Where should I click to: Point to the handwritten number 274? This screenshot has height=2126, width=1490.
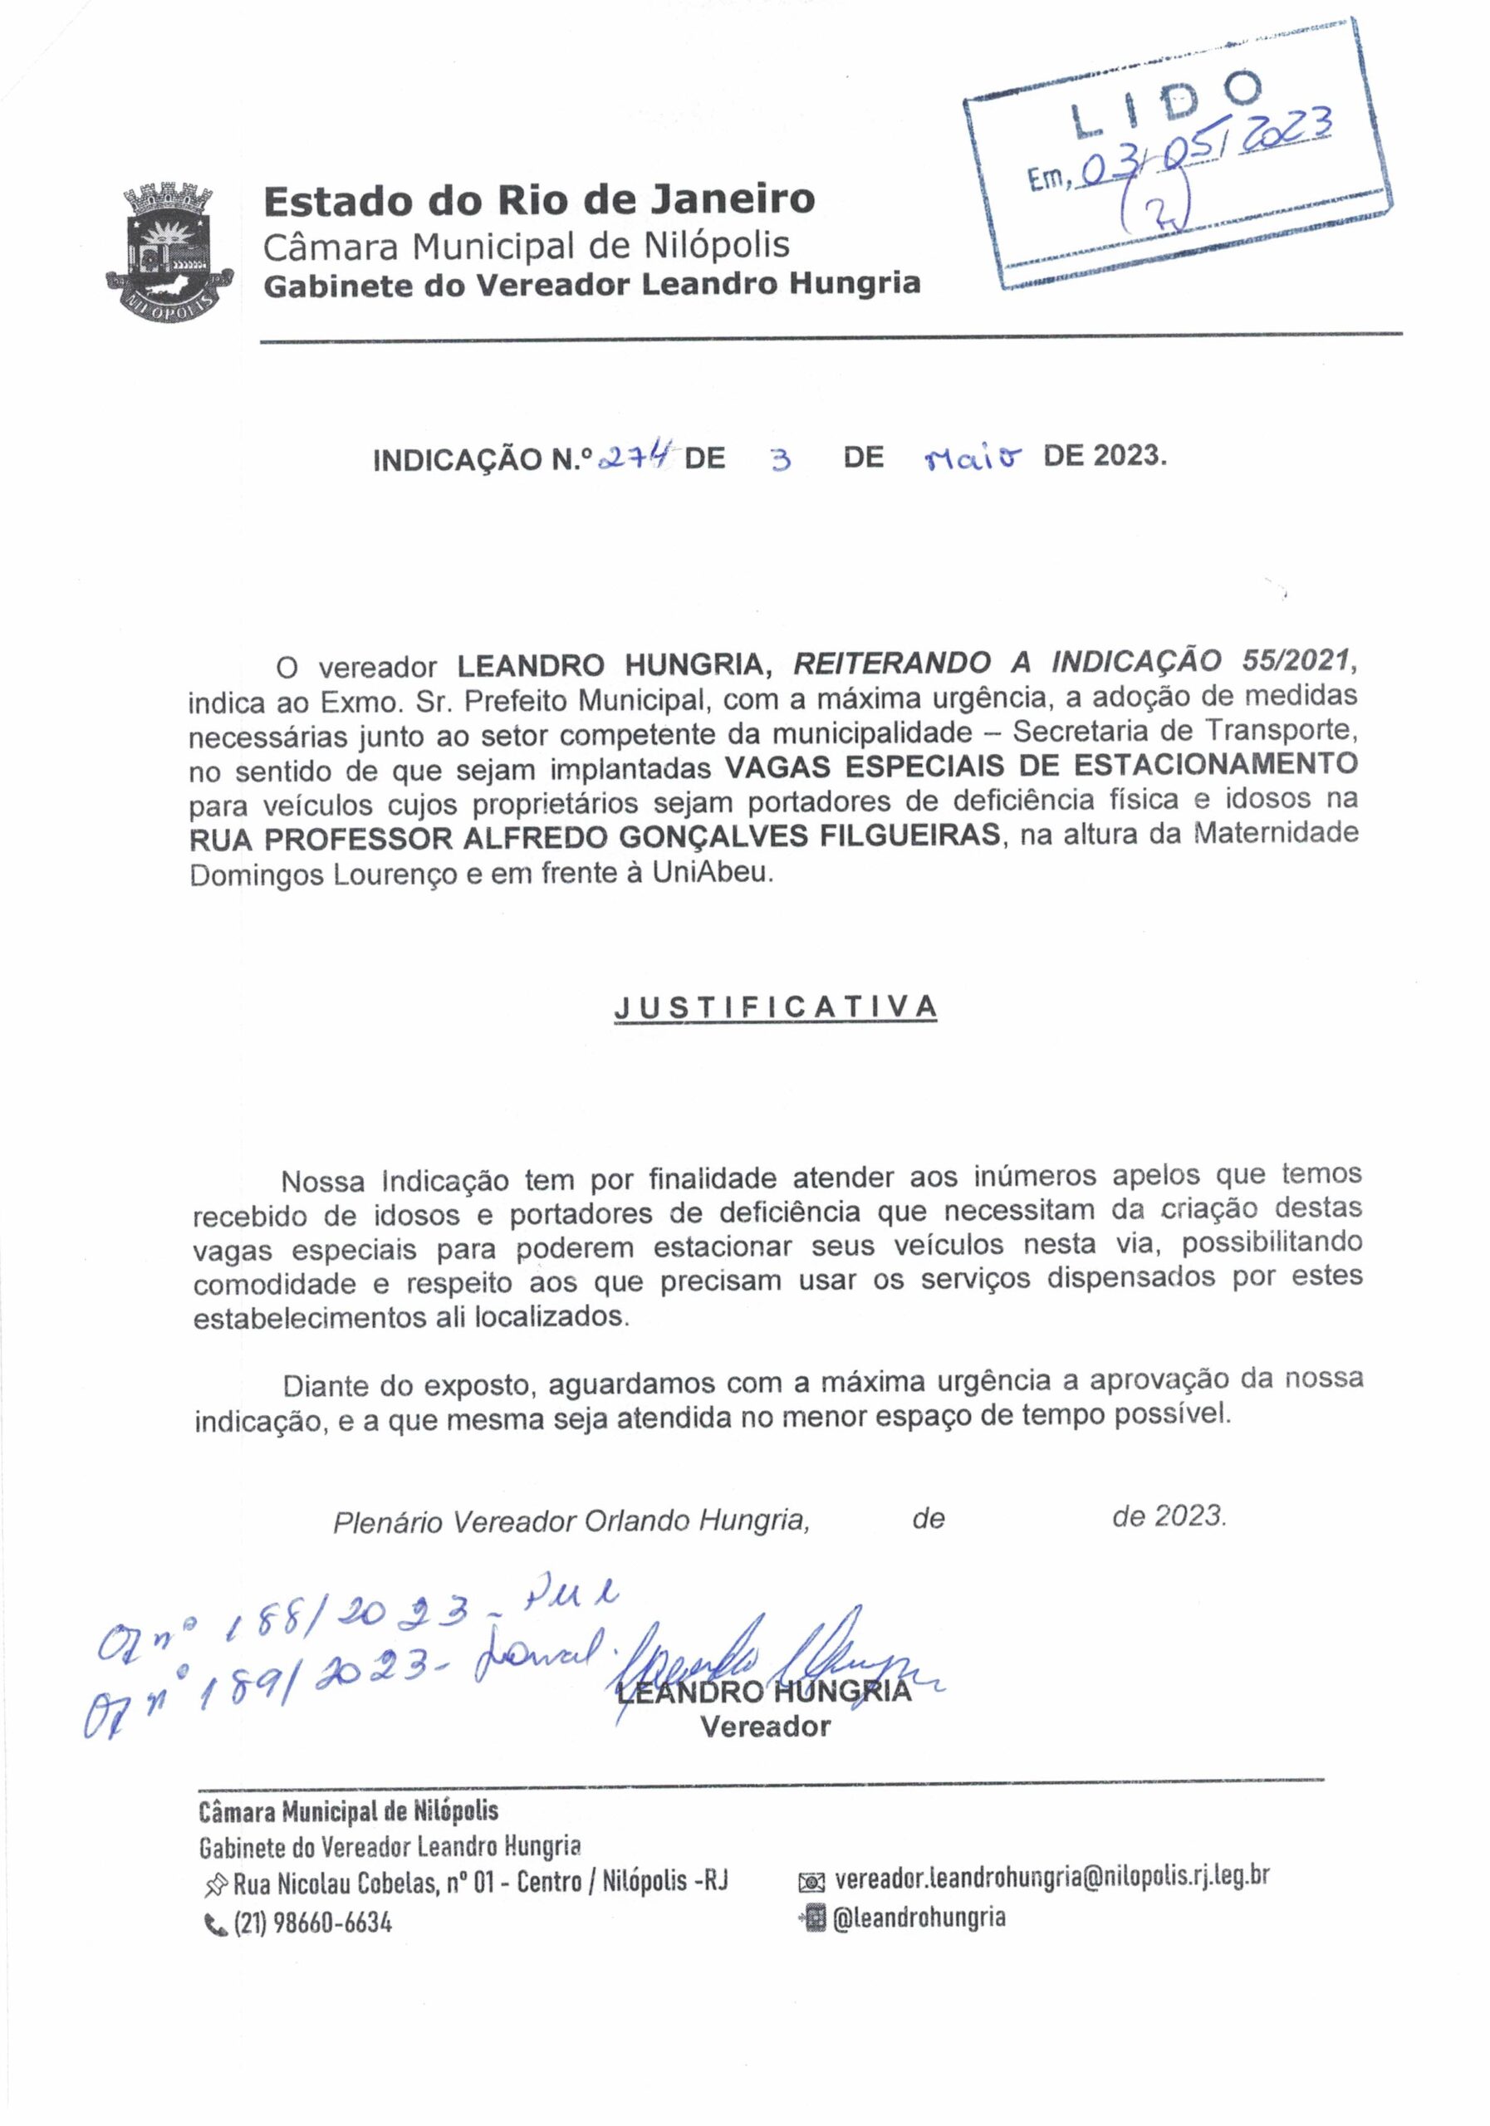pos(636,456)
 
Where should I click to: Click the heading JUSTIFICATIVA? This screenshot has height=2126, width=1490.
pos(775,1007)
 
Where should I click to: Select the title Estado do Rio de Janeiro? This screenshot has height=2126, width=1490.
pos(539,199)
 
